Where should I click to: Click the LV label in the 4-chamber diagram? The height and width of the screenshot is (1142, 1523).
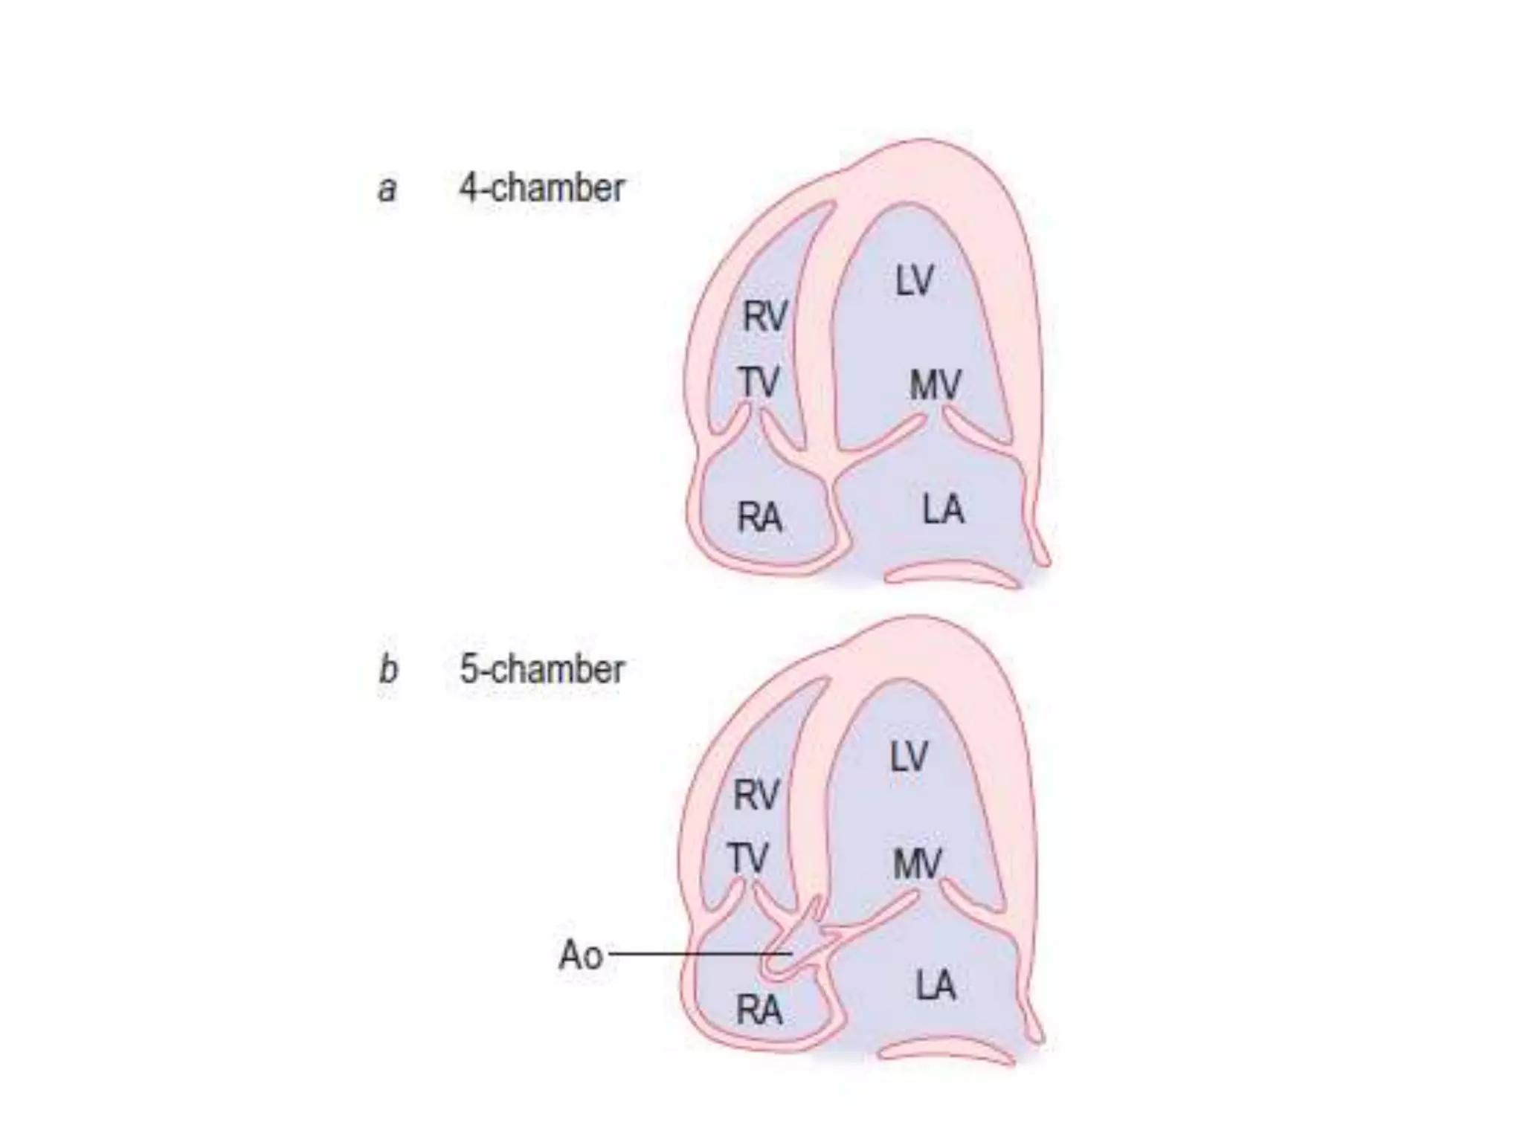point(914,281)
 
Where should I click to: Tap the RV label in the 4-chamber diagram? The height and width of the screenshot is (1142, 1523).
point(764,316)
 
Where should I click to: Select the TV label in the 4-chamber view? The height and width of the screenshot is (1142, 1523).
point(759,382)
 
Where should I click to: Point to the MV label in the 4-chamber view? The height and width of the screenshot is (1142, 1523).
point(936,385)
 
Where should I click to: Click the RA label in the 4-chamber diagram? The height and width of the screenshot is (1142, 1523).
point(759,517)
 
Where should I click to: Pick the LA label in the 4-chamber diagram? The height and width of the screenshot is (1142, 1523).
point(943,510)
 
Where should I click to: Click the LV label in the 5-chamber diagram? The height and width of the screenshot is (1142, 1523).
point(909,758)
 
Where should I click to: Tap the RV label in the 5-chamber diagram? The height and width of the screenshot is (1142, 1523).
point(756,795)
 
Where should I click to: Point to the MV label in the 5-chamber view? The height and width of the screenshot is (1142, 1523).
point(918,864)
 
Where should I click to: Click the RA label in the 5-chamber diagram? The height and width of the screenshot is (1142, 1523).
point(759,1010)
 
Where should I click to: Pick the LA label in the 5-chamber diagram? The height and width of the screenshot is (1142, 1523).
point(936,986)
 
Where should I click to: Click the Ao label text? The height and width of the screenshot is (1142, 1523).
point(580,955)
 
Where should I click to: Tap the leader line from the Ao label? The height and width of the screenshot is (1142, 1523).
point(699,954)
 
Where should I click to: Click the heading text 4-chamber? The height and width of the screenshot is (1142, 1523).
point(541,187)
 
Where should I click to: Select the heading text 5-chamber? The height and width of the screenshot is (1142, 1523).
point(541,669)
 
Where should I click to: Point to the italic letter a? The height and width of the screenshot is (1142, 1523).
point(387,189)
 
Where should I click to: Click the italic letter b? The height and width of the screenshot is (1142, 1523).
point(387,669)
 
